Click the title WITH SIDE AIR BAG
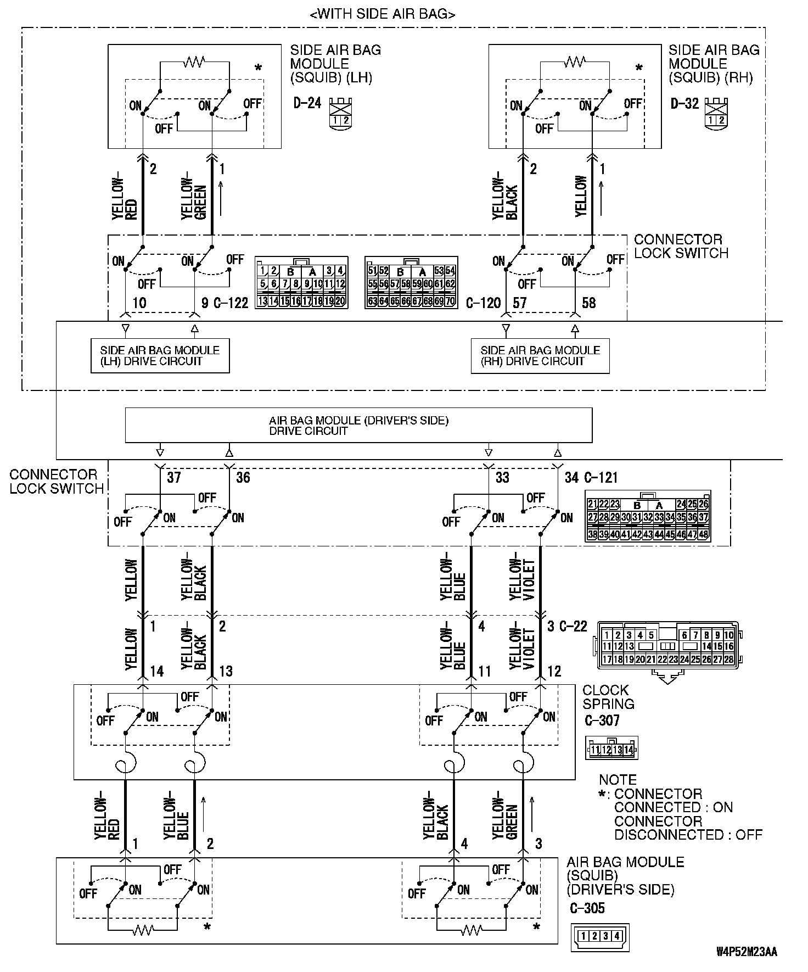point(383,14)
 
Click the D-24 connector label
point(307,103)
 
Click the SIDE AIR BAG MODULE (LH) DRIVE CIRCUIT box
point(160,356)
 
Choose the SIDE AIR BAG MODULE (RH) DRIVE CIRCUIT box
point(540,356)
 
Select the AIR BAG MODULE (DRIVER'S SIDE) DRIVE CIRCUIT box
point(358,426)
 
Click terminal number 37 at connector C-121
point(174,477)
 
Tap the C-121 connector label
point(601,478)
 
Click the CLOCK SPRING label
point(608,697)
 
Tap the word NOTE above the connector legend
point(618,780)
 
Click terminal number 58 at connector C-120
point(588,303)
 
